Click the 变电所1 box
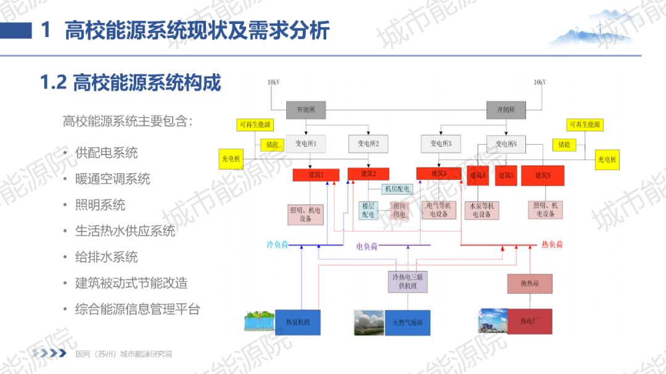pyautogui.click(x=306, y=144)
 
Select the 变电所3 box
pyautogui.click(x=441, y=144)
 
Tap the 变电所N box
pyautogui.click(x=506, y=144)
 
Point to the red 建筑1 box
pyautogui.click(x=316, y=175)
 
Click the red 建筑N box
pyautogui.click(x=543, y=176)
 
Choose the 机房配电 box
pyautogui.click(x=397, y=189)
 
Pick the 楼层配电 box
pyautogui.click(x=368, y=210)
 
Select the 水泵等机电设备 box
pyautogui.click(x=482, y=210)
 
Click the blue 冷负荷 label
pyautogui.click(x=277, y=245)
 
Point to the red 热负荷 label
pyautogui.click(x=552, y=245)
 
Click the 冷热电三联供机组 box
pyautogui.click(x=408, y=282)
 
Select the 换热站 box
pyautogui.click(x=530, y=283)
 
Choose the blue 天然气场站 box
pyautogui.click(x=407, y=322)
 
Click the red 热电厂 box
pyautogui.click(x=529, y=321)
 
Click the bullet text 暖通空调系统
pyautogui.click(x=113, y=179)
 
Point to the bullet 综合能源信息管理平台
pyautogui.click(x=138, y=309)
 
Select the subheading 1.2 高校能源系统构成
pyautogui.click(x=131, y=83)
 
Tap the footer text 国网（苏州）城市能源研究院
pyautogui.click(x=124, y=354)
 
